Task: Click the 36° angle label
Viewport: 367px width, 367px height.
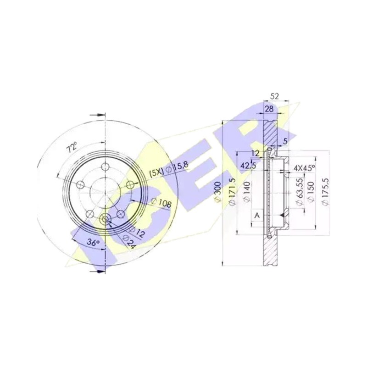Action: click(94, 243)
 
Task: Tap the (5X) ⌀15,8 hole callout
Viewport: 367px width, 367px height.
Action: click(169, 169)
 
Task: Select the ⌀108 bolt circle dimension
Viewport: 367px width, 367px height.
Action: click(161, 202)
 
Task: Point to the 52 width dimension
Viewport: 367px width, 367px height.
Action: click(274, 96)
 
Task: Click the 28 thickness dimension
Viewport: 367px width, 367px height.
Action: click(269, 109)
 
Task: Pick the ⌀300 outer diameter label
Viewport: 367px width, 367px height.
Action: click(217, 191)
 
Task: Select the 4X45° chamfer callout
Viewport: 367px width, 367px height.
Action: click(304, 167)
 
